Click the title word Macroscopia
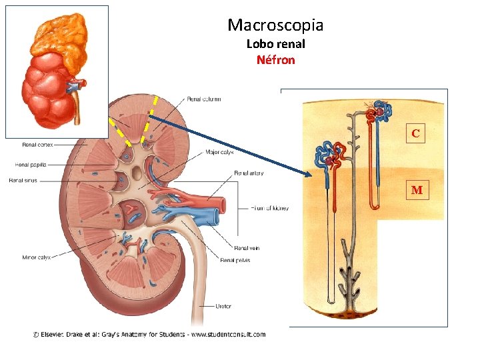click(x=275, y=25)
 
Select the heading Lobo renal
click(x=275, y=44)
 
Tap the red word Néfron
click(x=275, y=60)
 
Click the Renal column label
click(x=203, y=99)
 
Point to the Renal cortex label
click(x=38, y=143)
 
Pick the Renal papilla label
click(x=30, y=164)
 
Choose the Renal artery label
click(x=248, y=173)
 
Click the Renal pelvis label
click(x=235, y=260)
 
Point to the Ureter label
click(x=223, y=307)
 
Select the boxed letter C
click(x=415, y=134)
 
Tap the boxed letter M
click(x=417, y=191)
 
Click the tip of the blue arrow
click(x=311, y=176)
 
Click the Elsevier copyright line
click(x=149, y=335)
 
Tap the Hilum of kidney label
click(x=270, y=208)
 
